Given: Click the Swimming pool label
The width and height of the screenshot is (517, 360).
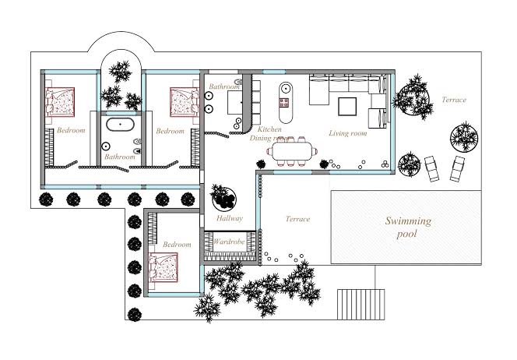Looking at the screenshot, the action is pos(408,227).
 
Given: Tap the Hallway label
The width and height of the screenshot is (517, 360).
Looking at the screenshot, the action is pos(230,218).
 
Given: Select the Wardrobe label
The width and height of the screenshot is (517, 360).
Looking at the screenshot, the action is pos(229,242).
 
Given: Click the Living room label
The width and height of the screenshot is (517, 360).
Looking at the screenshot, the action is pos(348,133).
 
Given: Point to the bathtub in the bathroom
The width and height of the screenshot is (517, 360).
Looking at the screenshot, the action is pos(120,125).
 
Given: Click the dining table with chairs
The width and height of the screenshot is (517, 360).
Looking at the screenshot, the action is pos(292,151).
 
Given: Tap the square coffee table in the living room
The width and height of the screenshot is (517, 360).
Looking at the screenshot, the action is pos(347,106).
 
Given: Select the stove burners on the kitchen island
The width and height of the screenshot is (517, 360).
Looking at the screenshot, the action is pos(284,103).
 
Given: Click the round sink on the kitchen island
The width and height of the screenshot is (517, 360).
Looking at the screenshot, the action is pos(285,88).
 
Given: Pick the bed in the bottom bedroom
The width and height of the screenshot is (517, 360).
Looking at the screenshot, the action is pos(164,267).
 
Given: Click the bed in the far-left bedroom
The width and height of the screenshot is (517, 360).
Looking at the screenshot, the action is pos(60,102).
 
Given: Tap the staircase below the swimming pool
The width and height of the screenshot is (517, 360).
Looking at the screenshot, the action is pos(360,304).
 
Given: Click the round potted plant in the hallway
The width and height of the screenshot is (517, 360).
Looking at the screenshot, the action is pos(223,198).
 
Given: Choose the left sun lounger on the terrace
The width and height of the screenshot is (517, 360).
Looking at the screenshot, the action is pos(431,168).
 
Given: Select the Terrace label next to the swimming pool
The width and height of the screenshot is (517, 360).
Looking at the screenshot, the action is pos(297,219).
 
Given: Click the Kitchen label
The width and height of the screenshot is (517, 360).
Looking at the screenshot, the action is pos(269,129).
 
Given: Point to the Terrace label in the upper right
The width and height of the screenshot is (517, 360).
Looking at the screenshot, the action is pos(454,100).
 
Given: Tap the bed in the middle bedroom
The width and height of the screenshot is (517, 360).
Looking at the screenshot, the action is pos(185,102).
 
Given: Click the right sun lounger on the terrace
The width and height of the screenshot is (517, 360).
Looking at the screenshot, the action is pos(457,168).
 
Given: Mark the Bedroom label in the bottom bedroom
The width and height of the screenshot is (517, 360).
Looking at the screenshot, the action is pos(177,245).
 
